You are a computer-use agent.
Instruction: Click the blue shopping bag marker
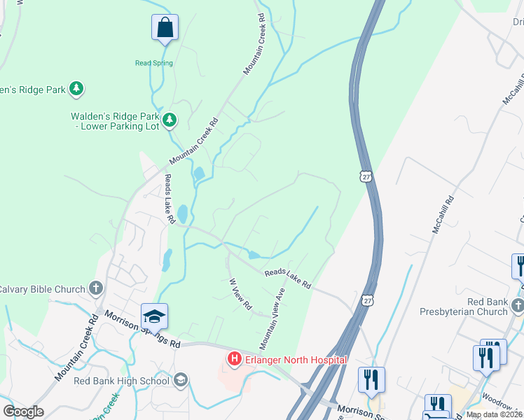click(x=165, y=28)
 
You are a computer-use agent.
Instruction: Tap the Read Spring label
click(x=154, y=63)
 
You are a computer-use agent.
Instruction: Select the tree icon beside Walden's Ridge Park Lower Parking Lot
click(x=169, y=121)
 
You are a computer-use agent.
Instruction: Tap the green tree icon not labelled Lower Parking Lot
click(x=76, y=88)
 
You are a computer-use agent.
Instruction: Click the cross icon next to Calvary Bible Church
click(x=96, y=288)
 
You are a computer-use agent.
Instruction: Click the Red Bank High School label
click(x=122, y=381)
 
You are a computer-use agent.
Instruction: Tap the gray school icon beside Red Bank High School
click(x=180, y=380)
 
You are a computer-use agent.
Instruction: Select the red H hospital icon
click(x=234, y=360)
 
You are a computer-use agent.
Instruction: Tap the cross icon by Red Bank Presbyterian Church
click(x=517, y=304)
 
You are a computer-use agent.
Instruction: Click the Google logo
click(x=22, y=412)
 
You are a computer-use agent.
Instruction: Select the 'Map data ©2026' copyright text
click(x=494, y=414)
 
